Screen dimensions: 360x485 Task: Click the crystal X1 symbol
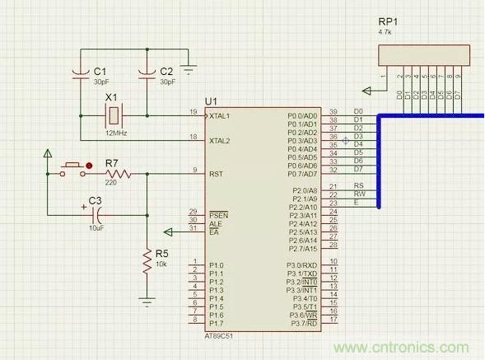click(114, 115)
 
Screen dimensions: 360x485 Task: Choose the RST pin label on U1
click(216, 174)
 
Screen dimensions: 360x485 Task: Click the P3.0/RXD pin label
click(302, 265)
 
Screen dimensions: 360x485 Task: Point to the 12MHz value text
click(114, 133)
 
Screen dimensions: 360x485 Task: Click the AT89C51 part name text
click(221, 338)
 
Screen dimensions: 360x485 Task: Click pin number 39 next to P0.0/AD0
click(333, 111)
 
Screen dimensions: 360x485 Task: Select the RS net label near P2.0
click(358, 186)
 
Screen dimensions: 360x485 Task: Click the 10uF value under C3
click(95, 227)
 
